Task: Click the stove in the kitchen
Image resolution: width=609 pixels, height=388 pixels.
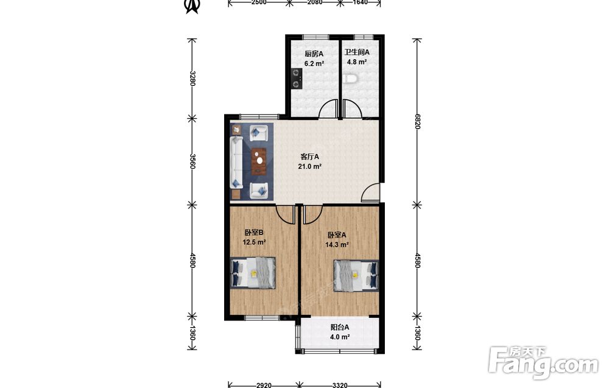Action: coord(297,79)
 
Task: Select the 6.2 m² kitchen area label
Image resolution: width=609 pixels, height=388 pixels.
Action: coord(314,63)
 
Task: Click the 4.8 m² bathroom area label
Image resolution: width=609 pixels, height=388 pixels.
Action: coord(357,62)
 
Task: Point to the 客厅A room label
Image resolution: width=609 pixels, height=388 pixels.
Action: coord(309,157)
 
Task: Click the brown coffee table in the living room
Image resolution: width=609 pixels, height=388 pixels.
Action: coord(259,161)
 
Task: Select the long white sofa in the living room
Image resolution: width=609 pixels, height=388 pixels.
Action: coord(236,163)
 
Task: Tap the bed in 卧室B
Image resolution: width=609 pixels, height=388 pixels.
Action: coord(253,273)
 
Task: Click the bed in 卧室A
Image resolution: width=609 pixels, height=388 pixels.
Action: coord(356,275)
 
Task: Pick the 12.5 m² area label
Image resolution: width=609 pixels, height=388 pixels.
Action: coord(254,242)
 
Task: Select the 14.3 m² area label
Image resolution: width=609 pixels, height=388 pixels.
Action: coord(337,245)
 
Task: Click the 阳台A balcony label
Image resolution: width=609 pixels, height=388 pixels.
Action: coord(340,328)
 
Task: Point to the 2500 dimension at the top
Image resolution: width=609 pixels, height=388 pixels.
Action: coord(259,2)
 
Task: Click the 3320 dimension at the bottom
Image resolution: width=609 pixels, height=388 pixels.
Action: coord(340,385)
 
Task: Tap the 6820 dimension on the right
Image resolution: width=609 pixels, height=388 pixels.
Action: coord(418,122)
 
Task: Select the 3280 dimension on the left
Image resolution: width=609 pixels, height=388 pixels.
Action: coord(192,78)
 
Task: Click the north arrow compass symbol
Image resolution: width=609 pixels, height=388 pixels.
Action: coord(192,6)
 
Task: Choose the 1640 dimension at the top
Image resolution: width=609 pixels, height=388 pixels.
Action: coord(360,2)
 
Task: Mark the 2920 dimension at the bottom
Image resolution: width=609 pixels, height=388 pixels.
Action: coord(264,385)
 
